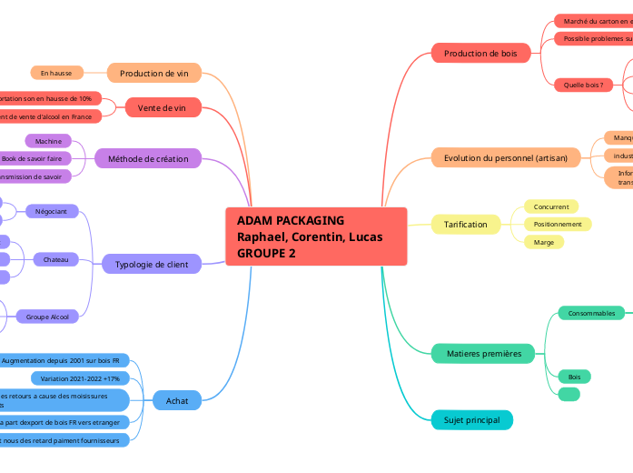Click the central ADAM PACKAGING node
(x=315, y=236)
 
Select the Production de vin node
(x=154, y=73)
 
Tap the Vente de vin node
(x=163, y=107)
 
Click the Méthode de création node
(x=148, y=159)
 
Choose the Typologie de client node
(x=152, y=265)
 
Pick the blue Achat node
(x=171, y=400)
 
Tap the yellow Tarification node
(x=465, y=224)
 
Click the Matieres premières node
(x=483, y=353)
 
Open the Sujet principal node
(x=471, y=419)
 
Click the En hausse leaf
(x=56, y=73)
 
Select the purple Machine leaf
(x=48, y=141)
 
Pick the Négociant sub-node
(x=52, y=211)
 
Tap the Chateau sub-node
(x=55, y=259)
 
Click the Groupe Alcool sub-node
(x=47, y=317)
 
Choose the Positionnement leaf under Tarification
(x=558, y=224)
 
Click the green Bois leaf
(x=574, y=376)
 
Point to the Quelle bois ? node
(x=582, y=85)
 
